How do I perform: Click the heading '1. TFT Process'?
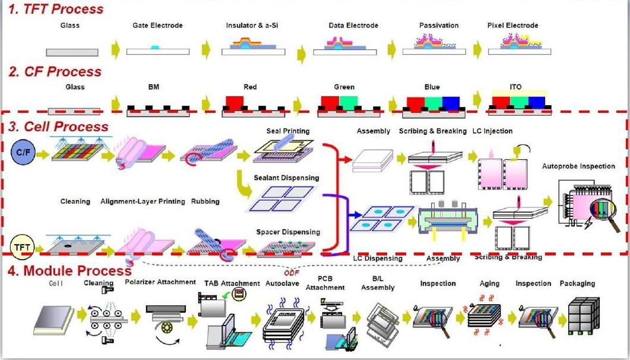tap(56, 9)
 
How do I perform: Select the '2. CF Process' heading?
tap(55, 72)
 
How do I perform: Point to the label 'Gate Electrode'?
tap(157, 26)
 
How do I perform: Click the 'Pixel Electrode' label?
tap(512, 26)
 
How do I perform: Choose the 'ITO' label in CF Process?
tap(515, 87)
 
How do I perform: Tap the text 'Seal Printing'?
tap(287, 131)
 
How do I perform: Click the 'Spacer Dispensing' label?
tap(288, 232)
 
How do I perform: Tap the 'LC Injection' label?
tap(492, 131)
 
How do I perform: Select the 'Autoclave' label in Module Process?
tap(281, 283)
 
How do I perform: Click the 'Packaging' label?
tap(577, 283)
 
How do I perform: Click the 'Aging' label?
tap(489, 284)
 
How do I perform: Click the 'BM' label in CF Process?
tap(153, 87)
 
